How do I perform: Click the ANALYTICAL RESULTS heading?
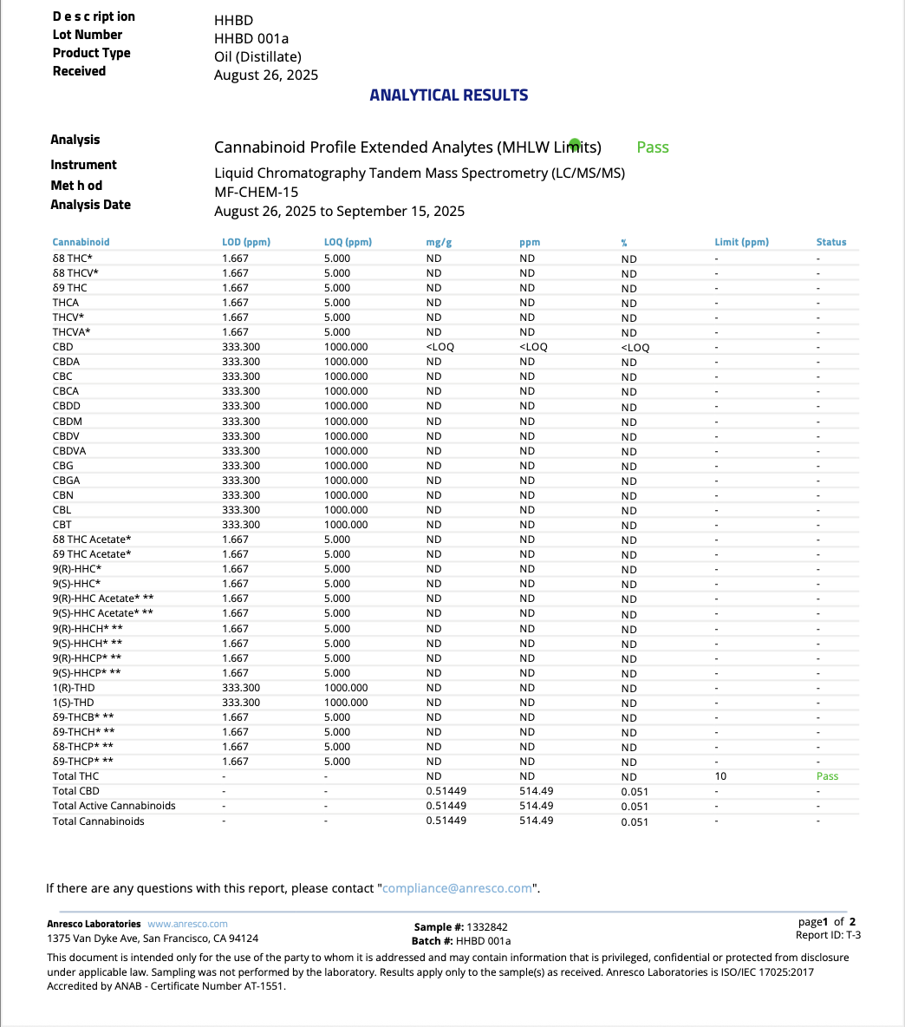click(x=448, y=95)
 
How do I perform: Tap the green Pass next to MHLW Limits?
click(x=653, y=147)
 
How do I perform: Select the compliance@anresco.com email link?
click(x=457, y=888)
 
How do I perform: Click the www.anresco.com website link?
click(x=187, y=924)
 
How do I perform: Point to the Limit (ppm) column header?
click(x=741, y=242)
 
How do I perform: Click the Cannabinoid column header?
click(x=81, y=242)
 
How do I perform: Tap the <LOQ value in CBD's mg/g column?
click(x=439, y=347)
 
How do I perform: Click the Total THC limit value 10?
click(x=720, y=776)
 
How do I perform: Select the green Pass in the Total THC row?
click(x=827, y=776)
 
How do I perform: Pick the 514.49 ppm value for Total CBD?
click(x=536, y=791)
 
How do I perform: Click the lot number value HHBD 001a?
click(x=251, y=38)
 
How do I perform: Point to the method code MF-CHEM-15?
click(x=256, y=193)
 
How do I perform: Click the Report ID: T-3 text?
click(x=828, y=935)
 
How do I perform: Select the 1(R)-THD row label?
click(x=73, y=688)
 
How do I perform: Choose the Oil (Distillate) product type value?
click(x=257, y=56)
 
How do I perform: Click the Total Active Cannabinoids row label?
click(x=114, y=806)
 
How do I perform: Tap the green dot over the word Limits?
click(x=574, y=142)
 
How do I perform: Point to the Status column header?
click(x=830, y=242)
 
